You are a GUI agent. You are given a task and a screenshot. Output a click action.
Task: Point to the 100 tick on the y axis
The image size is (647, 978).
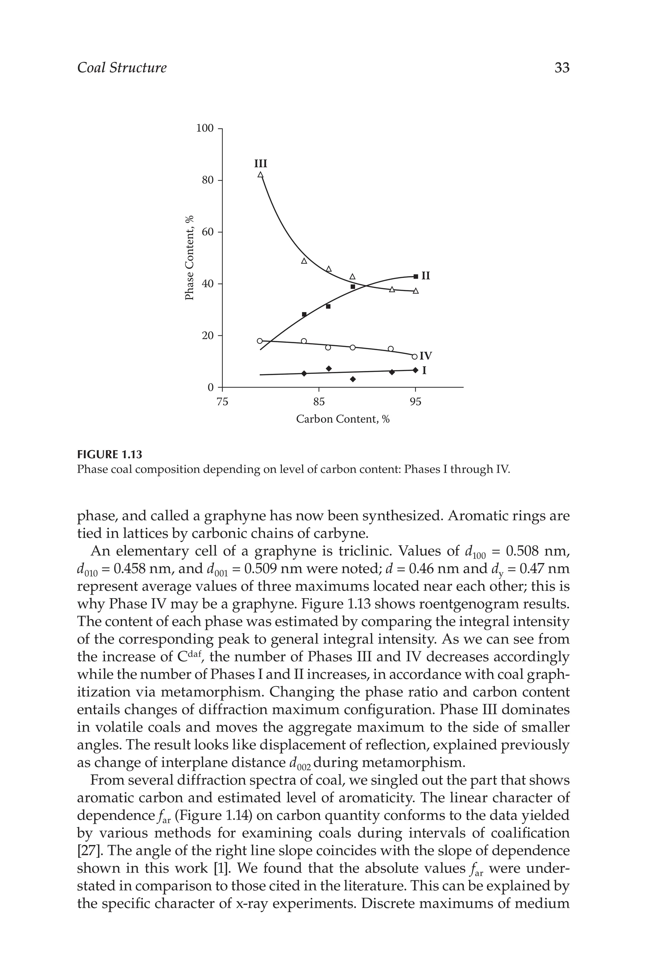(x=205, y=128)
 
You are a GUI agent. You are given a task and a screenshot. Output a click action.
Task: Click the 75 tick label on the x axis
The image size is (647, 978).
(x=222, y=401)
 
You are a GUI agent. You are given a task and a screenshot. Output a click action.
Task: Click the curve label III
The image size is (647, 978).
(x=260, y=164)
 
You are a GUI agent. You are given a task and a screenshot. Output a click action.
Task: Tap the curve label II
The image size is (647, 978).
(x=426, y=276)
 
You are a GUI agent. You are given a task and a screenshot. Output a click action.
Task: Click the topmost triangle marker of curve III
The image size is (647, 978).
(x=260, y=175)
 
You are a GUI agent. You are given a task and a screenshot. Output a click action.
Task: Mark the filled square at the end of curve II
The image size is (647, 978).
(x=415, y=276)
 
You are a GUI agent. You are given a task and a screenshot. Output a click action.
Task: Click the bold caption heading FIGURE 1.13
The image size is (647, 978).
(x=109, y=455)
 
